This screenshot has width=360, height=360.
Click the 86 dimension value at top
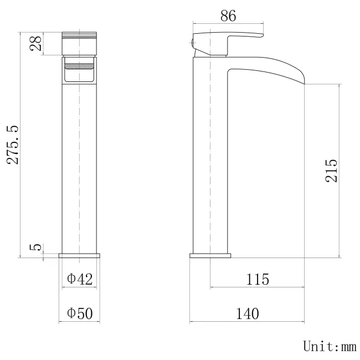pyautogui.click(x=228, y=16)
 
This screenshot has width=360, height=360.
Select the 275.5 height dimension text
pyautogui.click(x=13, y=144)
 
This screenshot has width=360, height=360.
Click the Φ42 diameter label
pyautogui.click(x=80, y=279)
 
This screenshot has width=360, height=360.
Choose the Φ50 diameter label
pyautogui.click(x=80, y=313)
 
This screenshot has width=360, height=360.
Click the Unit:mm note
pyautogui.click(x=329, y=347)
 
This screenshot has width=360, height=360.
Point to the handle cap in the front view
pyautogui.click(x=80, y=43)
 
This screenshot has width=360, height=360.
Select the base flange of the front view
pyautogui.click(x=80, y=255)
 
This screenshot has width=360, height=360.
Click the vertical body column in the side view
pyautogui.click(x=210, y=166)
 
